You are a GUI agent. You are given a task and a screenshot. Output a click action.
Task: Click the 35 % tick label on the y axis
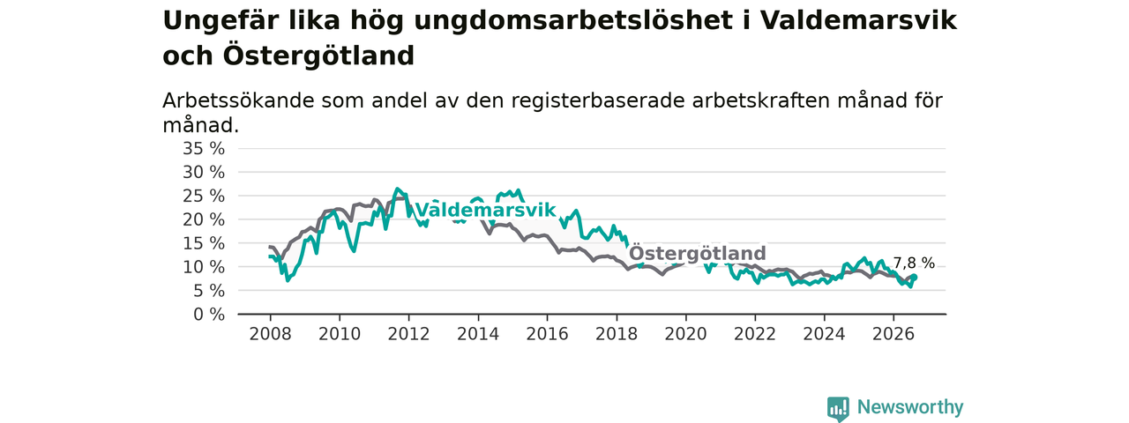pyautogui.click(x=204, y=149)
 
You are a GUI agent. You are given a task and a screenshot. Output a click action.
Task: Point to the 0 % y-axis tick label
pyautogui.click(x=209, y=315)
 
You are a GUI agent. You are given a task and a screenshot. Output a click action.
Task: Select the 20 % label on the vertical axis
pyautogui.click(x=204, y=219)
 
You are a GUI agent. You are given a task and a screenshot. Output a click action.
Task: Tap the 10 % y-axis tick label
pyautogui.click(x=204, y=267)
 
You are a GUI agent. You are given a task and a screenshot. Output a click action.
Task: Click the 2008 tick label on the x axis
pyautogui.click(x=270, y=334)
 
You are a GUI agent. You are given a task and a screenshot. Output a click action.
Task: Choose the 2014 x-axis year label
pyautogui.click(x=478, y=334)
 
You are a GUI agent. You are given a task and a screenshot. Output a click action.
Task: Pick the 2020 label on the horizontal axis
pyautogui.click(x=685, y=334)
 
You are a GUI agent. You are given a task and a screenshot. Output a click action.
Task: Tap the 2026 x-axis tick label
pyautogui.click(x=893, y=334)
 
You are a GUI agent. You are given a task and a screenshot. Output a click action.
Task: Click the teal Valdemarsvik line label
pyautogui.click(x=485, y=210)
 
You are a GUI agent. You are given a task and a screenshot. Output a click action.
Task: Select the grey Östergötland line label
pyautogui.click(x=698, y=253)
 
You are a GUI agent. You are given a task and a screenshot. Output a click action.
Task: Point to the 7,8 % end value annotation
pyautogui.click(x=914, y=263)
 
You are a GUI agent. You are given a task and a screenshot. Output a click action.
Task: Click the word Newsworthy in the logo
pyautogui.click(x=910, y=406)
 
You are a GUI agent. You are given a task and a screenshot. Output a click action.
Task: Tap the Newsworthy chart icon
pyautogui.click(x=838, y=408)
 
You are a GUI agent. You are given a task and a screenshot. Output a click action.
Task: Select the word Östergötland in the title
pyautogui.click(x=318, y=56)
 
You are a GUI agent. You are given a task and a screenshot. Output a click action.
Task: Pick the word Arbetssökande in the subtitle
pyautogui.click(x=238, y=100)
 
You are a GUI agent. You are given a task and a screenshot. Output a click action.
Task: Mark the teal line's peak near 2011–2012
pyautogui.click(x=397, y=189)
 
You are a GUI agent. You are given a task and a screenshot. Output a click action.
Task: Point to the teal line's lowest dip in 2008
pyautogui.click(x=288, y=280)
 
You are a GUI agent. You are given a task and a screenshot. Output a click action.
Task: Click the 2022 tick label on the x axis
pyautogui.click(x=755, y=334)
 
